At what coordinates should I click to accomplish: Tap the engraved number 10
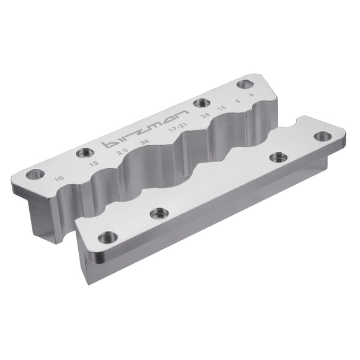(59, 179)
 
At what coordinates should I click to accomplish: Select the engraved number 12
(94, 164)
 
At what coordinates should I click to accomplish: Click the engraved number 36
(145, 143)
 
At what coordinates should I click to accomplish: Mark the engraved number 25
(204, 115)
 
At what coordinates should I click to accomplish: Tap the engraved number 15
(220, 109)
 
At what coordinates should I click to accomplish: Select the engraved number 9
(251, 96)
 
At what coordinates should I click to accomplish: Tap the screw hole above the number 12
(83, 153)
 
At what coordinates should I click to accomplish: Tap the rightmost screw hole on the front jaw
(321, 136)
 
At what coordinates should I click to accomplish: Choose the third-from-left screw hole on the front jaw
(275, 158)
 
